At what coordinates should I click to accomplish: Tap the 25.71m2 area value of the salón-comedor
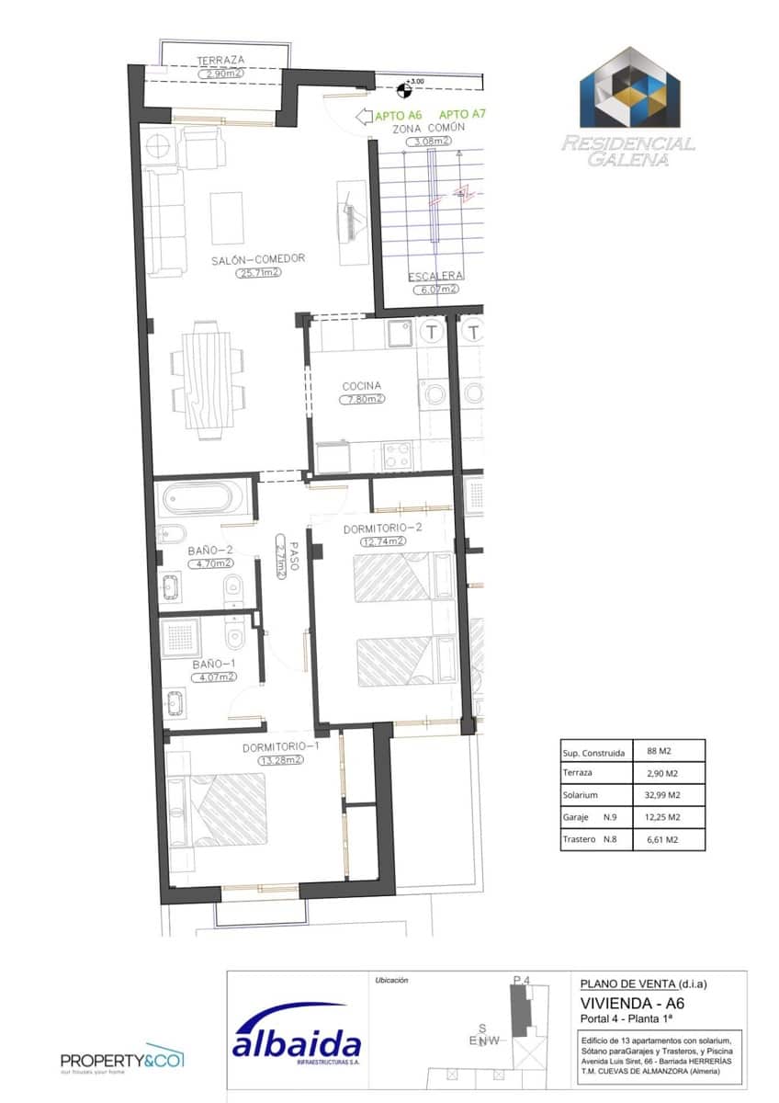coord(258,273)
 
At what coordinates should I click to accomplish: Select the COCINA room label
coord(361,386)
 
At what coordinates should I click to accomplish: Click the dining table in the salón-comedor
coord(208,379)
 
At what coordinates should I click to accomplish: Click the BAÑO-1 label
coord(213,664)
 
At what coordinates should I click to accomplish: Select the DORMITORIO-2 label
coord(382,529)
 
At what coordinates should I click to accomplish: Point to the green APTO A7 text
coord(463,115)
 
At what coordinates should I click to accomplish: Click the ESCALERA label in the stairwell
coord(436,276)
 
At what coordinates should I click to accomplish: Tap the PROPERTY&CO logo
coord(122,1060)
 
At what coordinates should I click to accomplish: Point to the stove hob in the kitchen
coord(398,454)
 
